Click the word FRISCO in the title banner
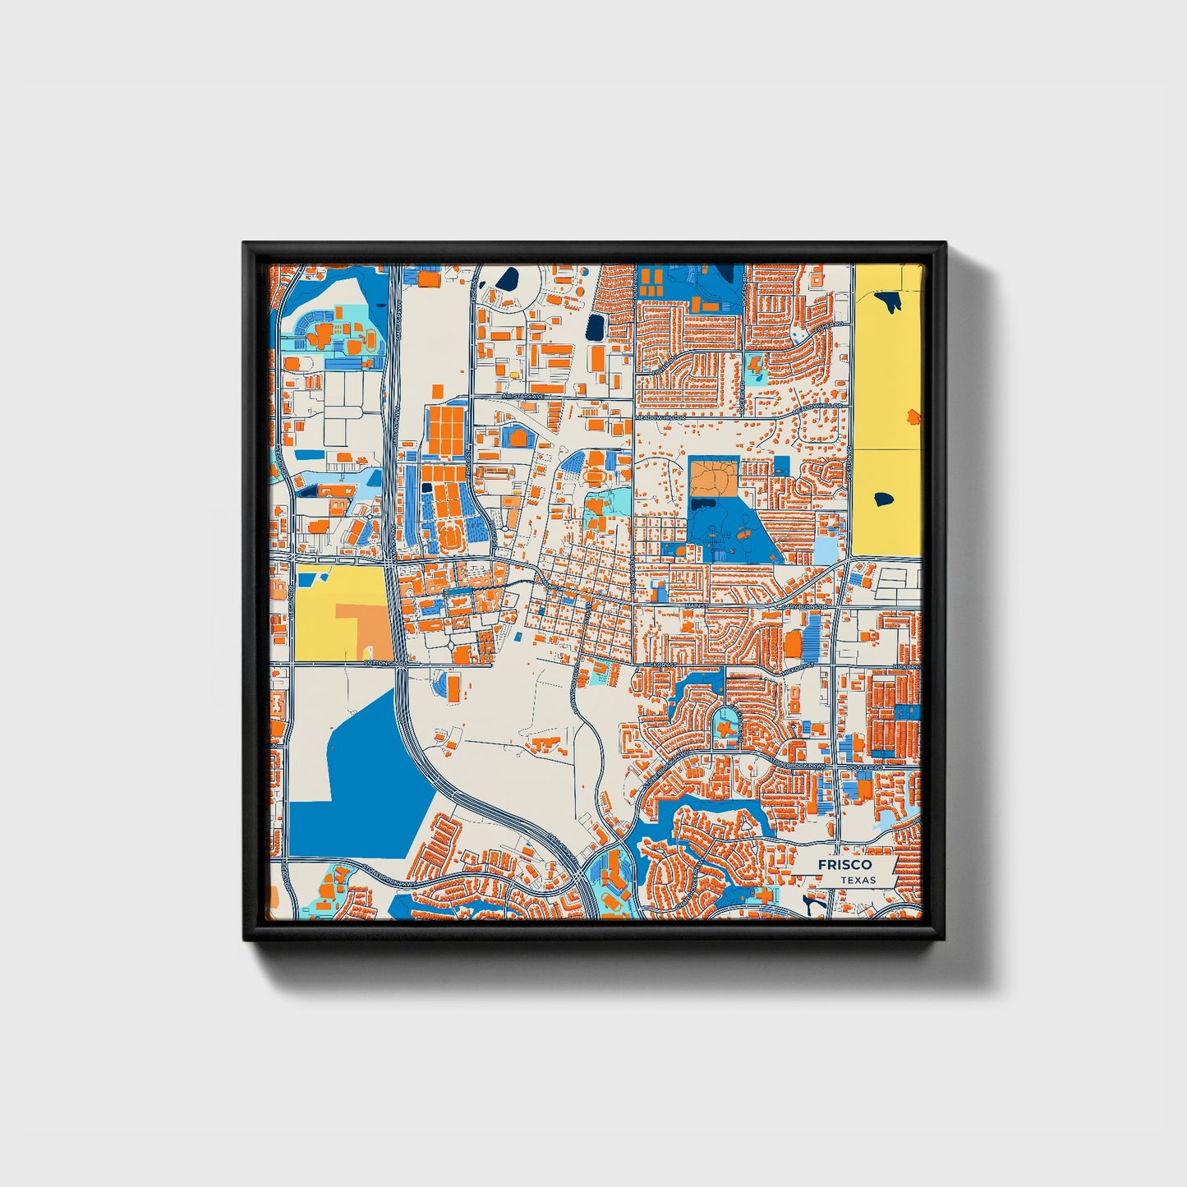click(x=844, y=865)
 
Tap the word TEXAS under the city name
click(x=858, y=880)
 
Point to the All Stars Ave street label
click(x=523, y=396)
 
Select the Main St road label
click(x=695, y=606)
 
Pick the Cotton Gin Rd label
click(x=385, y=662)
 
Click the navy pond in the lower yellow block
click(x=884, y=498)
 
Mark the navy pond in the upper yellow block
click(x=890, y=301)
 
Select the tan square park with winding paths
click(x=713, y=478)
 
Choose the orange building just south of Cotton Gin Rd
click(x=453, y=681)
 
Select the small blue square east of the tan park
click(x=780, y=466)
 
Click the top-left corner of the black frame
click(x=245, y=244)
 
